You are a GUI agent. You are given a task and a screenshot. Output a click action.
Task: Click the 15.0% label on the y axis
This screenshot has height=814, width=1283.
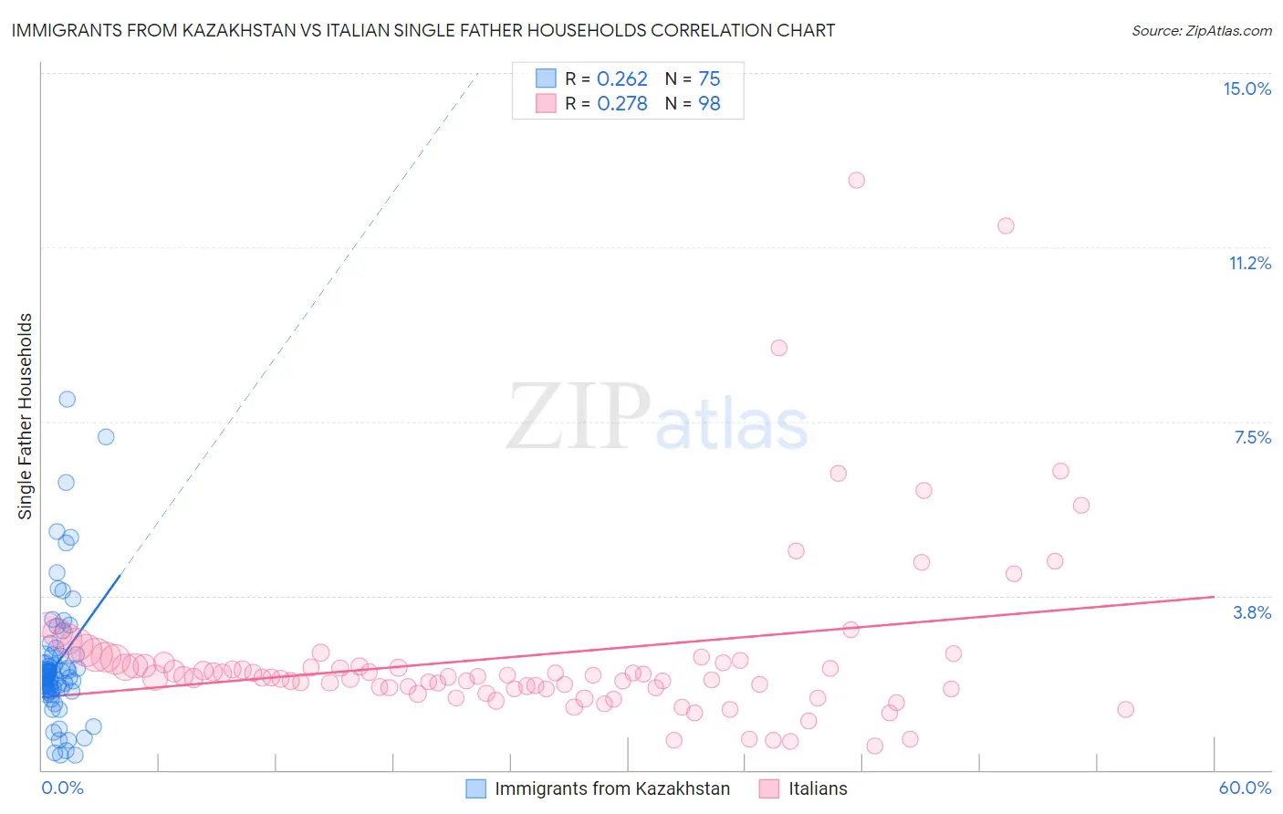[1246, 89]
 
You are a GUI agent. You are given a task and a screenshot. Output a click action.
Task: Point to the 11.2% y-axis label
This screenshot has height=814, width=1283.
[1249, 263]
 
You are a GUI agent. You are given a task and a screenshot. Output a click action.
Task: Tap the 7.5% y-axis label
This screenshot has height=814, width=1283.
[1252, 437]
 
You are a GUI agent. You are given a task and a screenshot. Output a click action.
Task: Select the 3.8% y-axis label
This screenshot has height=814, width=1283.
[1252, 612]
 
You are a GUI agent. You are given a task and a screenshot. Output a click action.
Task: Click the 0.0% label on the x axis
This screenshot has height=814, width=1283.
[62, 788]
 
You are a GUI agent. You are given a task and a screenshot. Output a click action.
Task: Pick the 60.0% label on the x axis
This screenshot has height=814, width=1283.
[1245, 788]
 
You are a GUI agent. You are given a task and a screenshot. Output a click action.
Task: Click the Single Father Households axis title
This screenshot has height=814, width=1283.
[26, 416]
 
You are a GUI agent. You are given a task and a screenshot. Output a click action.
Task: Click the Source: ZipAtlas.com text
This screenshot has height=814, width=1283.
[1201, 30]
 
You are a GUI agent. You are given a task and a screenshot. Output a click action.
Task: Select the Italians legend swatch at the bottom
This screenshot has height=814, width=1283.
[769, 788]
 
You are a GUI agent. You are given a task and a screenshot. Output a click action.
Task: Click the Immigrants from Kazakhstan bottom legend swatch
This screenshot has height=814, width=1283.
[475, 788]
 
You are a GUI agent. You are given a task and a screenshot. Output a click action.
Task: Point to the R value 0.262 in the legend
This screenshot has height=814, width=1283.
[621, 78]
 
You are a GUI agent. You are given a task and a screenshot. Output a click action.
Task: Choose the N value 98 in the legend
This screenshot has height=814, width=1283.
[709, 103]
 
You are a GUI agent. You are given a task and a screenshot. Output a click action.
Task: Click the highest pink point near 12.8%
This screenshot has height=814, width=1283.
[856, 180]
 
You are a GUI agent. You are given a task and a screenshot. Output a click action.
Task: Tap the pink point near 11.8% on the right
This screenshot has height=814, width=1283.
[1006, 225]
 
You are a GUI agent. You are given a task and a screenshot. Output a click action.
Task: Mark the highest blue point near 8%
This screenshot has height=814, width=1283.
[67, 399]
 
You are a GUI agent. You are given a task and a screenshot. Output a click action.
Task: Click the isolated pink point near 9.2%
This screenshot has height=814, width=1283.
[778, 348]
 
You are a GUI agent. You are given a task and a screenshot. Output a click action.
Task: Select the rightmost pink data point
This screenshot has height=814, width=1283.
[1125, 709]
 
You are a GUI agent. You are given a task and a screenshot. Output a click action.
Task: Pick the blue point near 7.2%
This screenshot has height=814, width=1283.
[106, 437]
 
